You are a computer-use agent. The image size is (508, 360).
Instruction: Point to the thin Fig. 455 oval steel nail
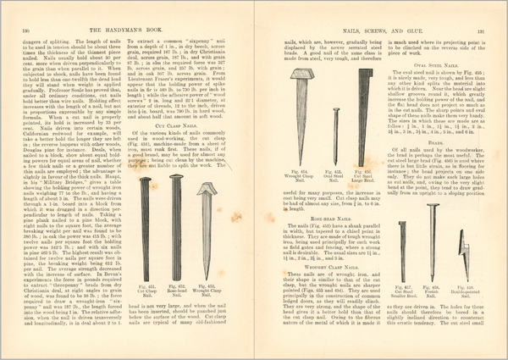click(x=334, y=125)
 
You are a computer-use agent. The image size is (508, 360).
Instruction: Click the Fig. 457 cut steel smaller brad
click(x=404, y=250)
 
